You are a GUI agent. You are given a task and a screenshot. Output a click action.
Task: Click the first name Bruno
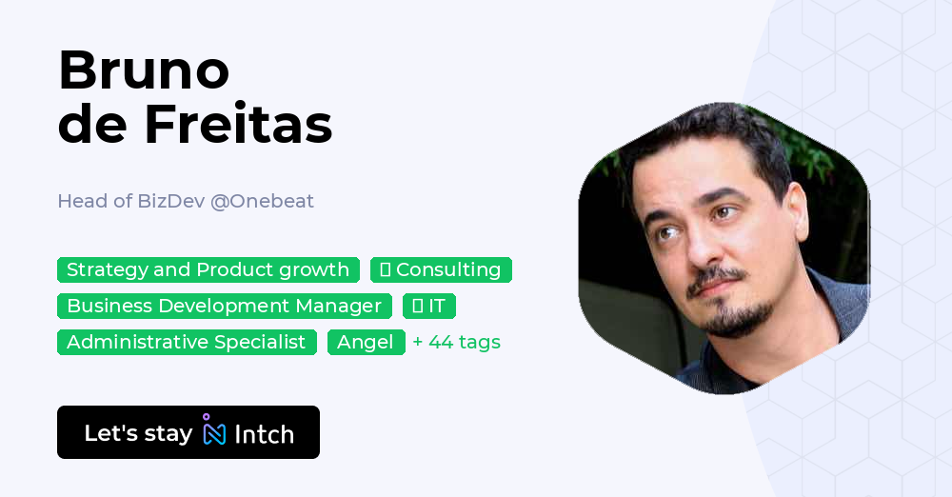144,70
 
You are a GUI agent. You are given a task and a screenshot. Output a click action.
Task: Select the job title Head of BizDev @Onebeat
186,201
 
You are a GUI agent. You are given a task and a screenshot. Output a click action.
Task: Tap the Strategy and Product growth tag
208,269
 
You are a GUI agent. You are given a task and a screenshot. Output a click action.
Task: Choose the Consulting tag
441,269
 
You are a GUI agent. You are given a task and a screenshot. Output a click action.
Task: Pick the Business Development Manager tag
224,306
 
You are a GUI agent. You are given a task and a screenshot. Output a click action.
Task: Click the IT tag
429,306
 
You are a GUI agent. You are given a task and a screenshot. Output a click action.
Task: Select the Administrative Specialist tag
187,342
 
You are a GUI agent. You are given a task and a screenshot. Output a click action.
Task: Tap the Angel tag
366,342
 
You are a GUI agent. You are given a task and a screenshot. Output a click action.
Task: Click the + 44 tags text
457,342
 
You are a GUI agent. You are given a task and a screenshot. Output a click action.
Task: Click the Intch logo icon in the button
214,431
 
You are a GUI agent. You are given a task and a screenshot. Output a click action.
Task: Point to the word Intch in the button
264,434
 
